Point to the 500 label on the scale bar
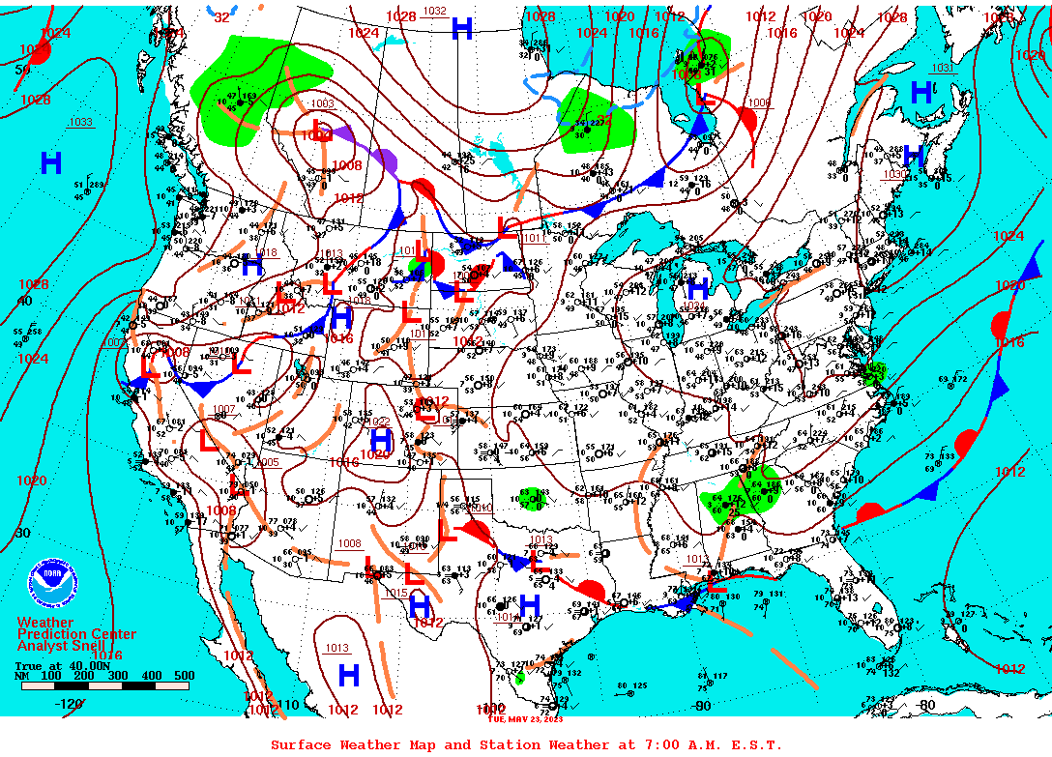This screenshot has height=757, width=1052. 184,676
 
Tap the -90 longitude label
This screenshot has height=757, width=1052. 701,705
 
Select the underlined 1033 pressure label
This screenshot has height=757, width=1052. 80,122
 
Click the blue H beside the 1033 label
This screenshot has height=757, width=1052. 51,162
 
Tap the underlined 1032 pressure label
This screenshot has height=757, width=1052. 435,12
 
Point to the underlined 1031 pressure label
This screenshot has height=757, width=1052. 941,68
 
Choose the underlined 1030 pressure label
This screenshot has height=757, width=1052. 895,174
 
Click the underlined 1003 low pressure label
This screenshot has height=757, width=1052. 322,103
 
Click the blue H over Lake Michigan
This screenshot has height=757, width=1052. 697,288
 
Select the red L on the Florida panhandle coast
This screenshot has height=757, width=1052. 715,582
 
